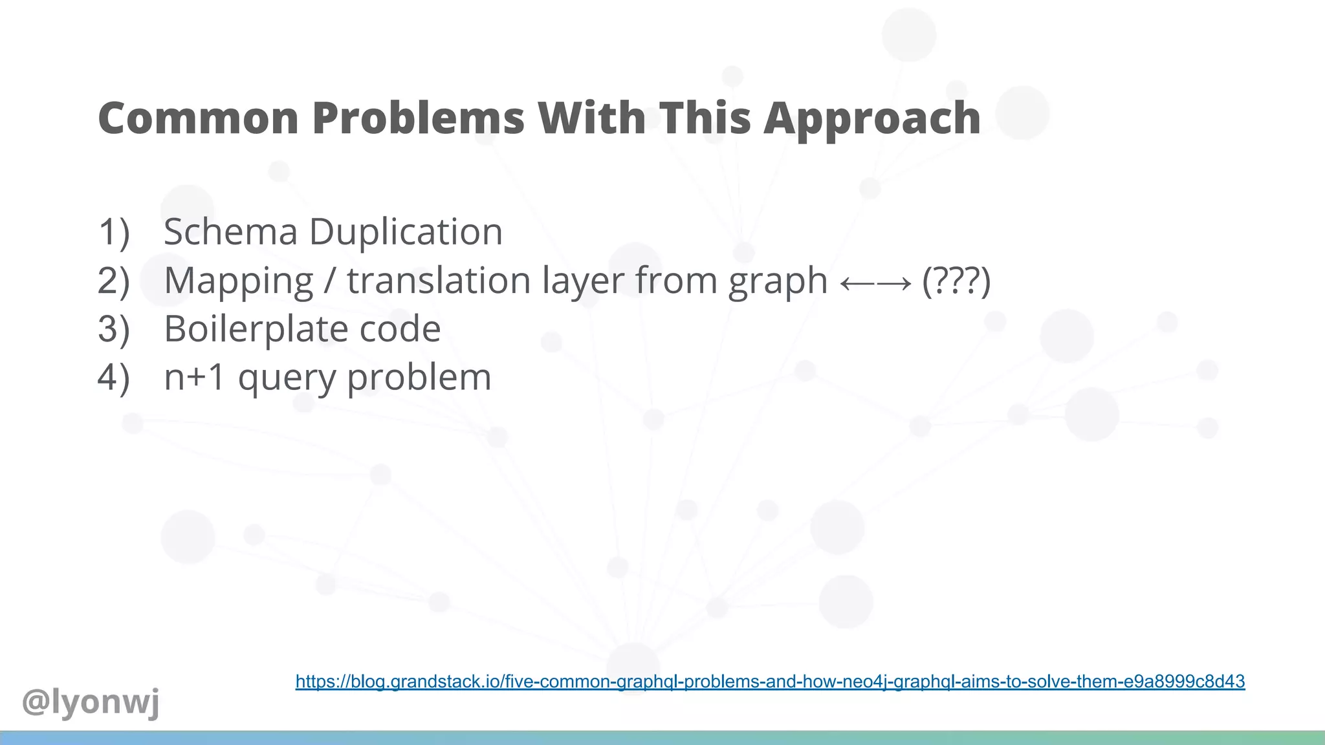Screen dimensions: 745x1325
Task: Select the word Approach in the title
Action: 872,119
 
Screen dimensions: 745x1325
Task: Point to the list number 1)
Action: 114,232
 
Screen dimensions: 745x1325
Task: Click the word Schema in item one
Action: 230,232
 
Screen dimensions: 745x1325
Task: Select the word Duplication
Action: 406,232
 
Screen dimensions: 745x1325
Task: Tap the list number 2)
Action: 114,281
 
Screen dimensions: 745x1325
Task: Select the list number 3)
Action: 114,329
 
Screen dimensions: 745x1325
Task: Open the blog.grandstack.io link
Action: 770,682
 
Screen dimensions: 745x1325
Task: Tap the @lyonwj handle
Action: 91,702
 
